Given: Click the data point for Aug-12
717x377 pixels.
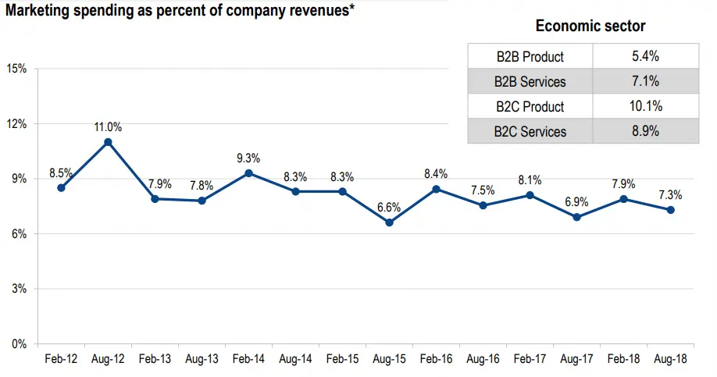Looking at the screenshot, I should [x=108, y=142].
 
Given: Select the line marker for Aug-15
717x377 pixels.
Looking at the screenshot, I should [x=389, y=222].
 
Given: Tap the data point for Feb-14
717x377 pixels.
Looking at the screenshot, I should [x=248, y=173].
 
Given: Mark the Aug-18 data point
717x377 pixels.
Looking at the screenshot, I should [x=670, y=210].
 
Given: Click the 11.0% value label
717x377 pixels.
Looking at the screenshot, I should [x=108, y=126].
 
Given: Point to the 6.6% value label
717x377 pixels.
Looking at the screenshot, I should [x=389, y=207].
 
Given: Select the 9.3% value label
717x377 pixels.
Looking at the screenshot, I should [x=248, y=158].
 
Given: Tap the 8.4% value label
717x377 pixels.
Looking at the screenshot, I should [x=436, y=173].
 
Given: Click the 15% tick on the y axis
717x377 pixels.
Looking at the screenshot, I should [x=16, y=69].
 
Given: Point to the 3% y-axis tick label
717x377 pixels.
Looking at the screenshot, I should [x=19, y=289].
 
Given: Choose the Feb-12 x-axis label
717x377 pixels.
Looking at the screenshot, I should [x=61, y=360].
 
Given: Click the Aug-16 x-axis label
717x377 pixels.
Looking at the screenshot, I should [x=483, y=360].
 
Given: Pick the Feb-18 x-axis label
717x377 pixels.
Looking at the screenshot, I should [x=623, y=360].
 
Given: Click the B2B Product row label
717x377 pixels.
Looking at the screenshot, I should [x=530, y=56].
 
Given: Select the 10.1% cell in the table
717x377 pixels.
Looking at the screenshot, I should [x=645, y=106].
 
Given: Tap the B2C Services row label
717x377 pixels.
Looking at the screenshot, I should [x=530, y=131].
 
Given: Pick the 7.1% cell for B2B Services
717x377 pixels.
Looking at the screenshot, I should [x=645, y=81].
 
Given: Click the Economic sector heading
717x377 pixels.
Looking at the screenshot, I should [x=590, y=26].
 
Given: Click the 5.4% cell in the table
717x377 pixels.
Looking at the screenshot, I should [x=645, y=56].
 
